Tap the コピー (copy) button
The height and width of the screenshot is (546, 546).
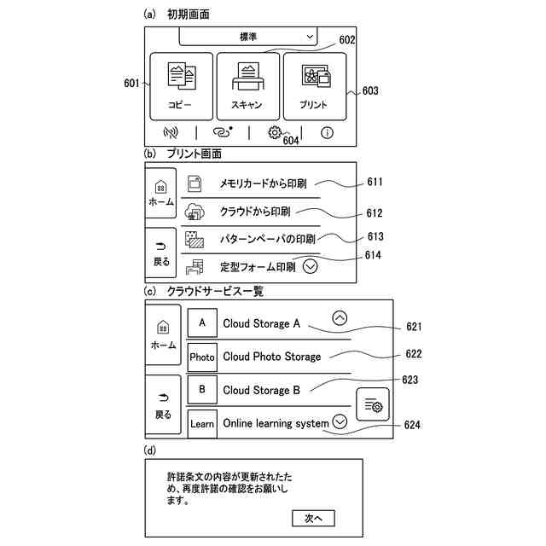pos(180,86)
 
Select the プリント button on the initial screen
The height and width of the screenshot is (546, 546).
pos(314,86)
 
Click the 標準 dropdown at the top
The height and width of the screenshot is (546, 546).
pos(247,38)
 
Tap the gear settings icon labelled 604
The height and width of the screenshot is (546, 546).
pos(274,132)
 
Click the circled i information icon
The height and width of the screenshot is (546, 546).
pos(327,132)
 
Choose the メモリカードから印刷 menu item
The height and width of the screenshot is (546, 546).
pos(263,183)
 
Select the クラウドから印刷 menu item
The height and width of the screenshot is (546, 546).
pos(255,211)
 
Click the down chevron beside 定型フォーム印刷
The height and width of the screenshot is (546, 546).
pos(310,266)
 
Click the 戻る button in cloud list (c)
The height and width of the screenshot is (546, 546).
pos(162,405)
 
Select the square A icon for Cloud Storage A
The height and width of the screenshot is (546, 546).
pos(202,323)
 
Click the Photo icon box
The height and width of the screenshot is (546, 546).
pos(202,357)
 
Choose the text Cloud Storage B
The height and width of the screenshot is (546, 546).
pos(261,390)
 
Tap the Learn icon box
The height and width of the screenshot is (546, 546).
pos(202,423)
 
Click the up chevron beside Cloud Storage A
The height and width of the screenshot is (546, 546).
pos(340,318)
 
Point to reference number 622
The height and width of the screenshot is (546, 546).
pos(413,353)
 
